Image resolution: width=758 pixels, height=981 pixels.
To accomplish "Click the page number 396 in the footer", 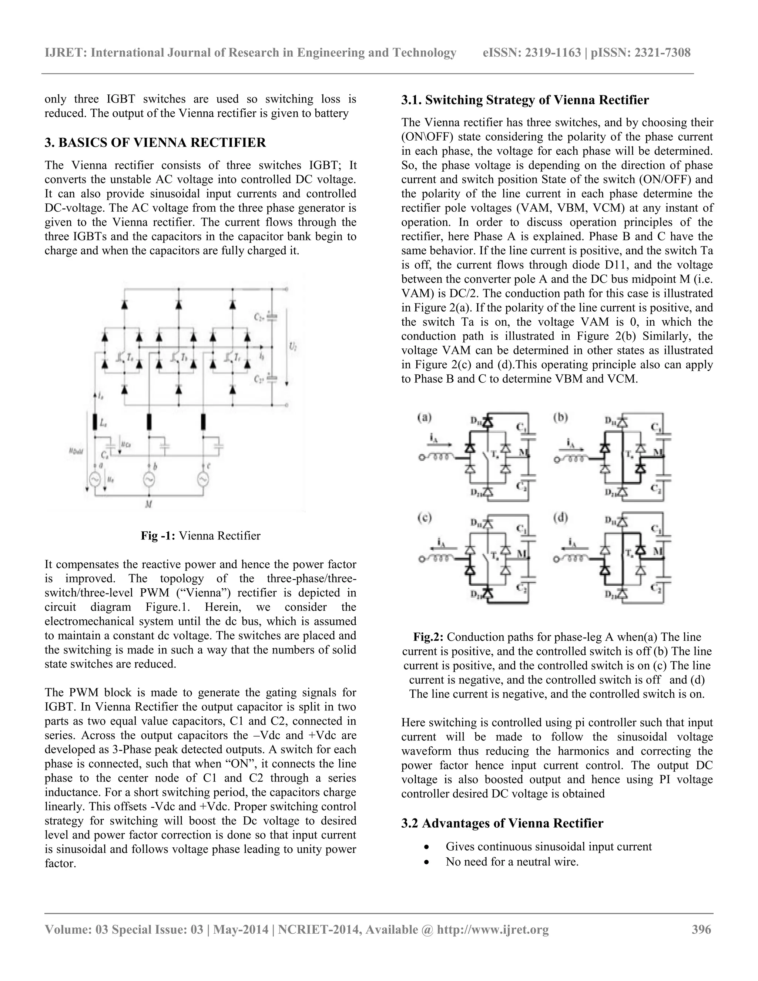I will [x=701, y=929].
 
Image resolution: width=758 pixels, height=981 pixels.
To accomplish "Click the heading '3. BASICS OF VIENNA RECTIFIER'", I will [x=155, y=143].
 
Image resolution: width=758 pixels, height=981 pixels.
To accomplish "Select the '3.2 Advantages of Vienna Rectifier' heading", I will [x=502, y=823].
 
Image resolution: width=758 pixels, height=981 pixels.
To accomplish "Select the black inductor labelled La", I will [x=95, y=422].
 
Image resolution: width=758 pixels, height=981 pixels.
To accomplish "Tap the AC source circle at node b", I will [x=149, y=480].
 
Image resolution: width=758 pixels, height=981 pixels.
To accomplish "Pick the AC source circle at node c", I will [x=202, y=480].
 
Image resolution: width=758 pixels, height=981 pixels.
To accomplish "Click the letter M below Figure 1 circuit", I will [x=149, y=505].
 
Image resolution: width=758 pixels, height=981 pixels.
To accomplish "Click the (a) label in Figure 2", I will [x=425, y=418].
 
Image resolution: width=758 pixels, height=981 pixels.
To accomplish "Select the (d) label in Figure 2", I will [x=560, y=518].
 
